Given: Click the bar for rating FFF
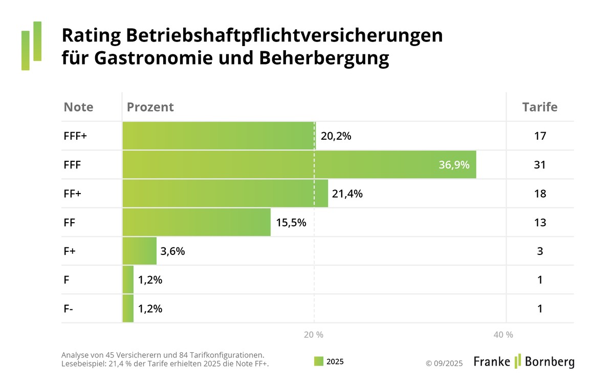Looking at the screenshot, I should pyautogui.click(x=299, y=165).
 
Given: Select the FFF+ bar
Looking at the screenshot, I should pyautogui.click(x=219, y=136).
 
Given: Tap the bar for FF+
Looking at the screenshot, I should pyautogui.click(x=225, y=194).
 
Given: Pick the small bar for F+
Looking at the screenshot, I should pyautogui.click(x=139, y=251).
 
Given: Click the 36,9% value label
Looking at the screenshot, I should pyautogui.click(x=454, y=165).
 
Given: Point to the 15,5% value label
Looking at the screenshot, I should pyautogui.click(x=291, y=222).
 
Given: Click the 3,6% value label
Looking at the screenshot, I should pyautogui.click(x=172, y=251).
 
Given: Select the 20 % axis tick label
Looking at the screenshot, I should pyautogui.click(x=313, y=335).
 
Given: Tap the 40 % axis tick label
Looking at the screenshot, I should pyautogui.click(x=503, y=335).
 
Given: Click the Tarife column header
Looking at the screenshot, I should pyautogui.click(x=540, y=107).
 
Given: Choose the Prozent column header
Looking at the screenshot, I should pyautogui.click(x=150, y=107).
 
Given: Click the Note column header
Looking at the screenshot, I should pyautogui.click(x=78, y=107).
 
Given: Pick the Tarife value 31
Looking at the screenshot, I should pyautogui.click(x=540, y=165).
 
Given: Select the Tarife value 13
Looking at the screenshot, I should pyautogui.click(x=540, y=222).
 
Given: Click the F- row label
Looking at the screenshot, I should pyautogui.click(x=68, y=308).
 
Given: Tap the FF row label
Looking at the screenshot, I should pyautogui.click(x=70, y=222).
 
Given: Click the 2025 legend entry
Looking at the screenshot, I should pyautogui.click(x=328, y=361).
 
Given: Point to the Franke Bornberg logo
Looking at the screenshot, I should pyautogui.click(x=523, y=361).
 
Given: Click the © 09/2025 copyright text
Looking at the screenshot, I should pyautogui.click(x=444, y=363).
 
